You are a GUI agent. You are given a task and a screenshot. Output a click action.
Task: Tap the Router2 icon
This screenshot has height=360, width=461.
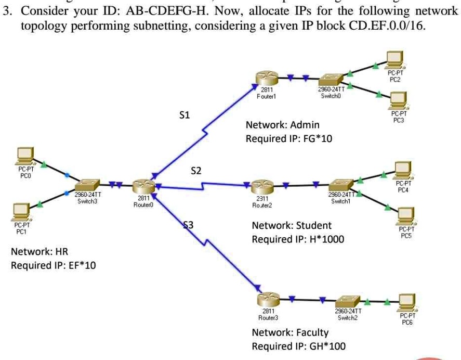click(262, 186)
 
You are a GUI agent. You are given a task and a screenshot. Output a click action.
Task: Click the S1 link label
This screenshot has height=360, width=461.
click(185, 115)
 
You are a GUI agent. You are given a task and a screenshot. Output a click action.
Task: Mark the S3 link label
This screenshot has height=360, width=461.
click(189, 225)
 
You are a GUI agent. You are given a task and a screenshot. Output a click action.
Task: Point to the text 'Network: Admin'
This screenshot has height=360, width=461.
click(282, 125)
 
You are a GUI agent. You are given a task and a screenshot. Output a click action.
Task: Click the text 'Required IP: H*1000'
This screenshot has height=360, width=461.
click(298, 239)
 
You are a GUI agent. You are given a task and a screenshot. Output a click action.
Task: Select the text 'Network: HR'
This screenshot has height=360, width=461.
click(39, 252)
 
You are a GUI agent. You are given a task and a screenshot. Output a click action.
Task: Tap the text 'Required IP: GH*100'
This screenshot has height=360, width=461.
click(298, 346)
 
